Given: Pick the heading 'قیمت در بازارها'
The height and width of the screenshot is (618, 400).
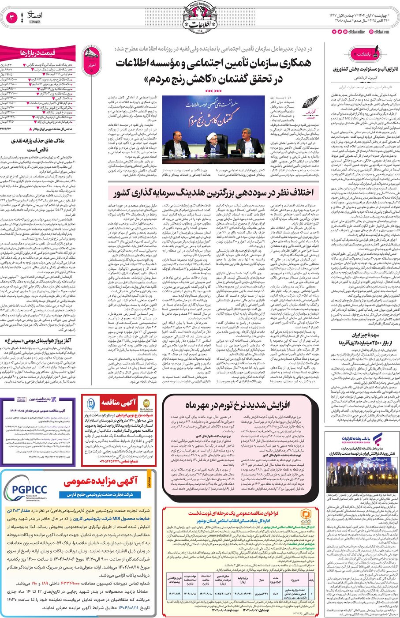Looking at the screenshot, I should click(x=37, y=53).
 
